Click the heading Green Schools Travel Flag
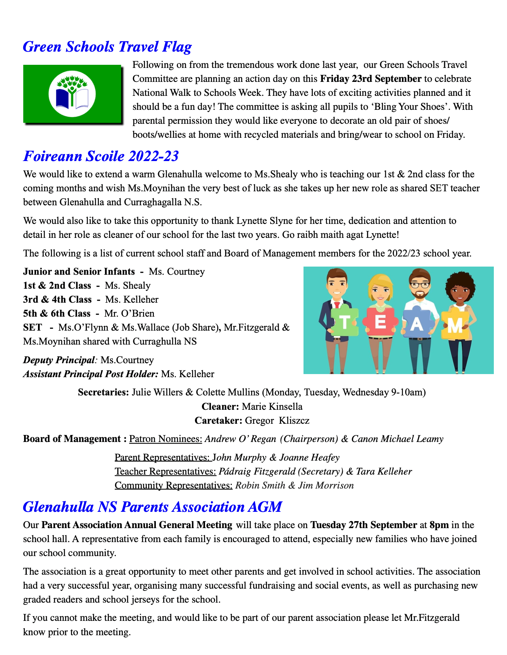(107, 47)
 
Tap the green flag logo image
(72, 94)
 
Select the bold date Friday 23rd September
(371, 79)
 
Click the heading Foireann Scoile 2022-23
(101, 156)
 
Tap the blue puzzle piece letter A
(416, 324)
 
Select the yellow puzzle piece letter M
(455, 325)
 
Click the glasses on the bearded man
(420, 284)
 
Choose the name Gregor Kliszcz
(277, 421)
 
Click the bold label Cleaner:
(220, 407)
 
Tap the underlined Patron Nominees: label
(166, 439)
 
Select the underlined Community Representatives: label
(173, 485)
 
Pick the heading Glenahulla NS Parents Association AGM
(152, 507)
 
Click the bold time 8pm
(439, 525)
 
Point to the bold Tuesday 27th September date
(364, 525)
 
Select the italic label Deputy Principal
(59, 360)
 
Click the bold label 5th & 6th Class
(57, 314)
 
